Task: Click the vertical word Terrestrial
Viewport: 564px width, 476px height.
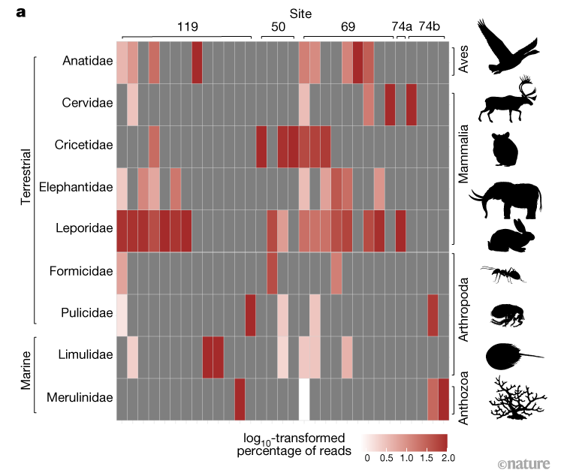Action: click(26, 187)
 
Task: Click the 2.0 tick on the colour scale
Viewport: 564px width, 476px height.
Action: click(446, 456)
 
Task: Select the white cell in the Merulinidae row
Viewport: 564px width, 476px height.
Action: click(303, 399)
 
